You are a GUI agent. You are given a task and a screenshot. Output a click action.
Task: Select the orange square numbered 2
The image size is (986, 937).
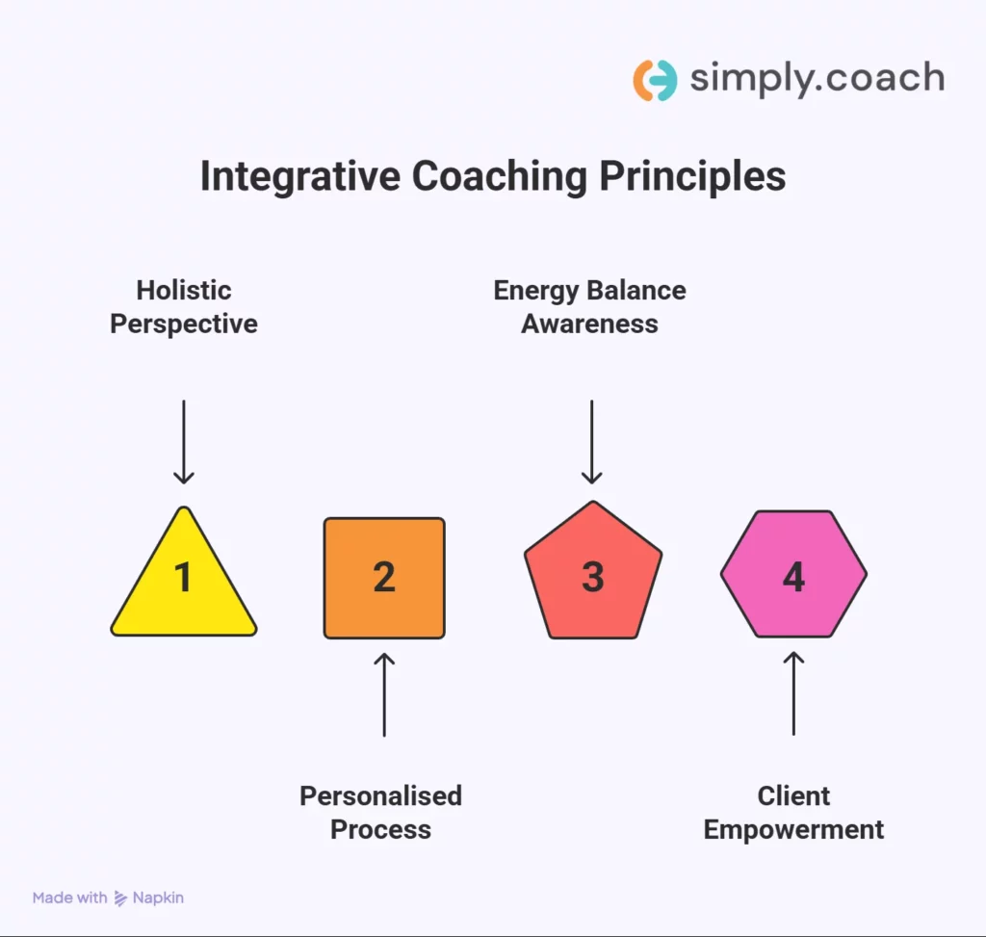(x=384, y=578)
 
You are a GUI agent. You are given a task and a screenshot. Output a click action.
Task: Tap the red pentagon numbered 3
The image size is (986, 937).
(x=593, y=575)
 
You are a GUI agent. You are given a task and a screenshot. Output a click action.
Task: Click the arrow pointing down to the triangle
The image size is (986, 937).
(x=183, y=442)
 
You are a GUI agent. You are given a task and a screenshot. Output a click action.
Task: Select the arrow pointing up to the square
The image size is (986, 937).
(x=384, y=694)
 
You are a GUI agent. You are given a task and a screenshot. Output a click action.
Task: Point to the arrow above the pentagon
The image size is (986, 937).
(x=592, y=442)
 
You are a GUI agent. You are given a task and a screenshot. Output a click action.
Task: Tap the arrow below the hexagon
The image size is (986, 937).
(x=793, y=693)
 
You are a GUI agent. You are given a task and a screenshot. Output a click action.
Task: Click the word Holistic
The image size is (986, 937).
(x=184, y=290)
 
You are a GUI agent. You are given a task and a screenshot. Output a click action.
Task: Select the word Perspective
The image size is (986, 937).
(x=184, y=324)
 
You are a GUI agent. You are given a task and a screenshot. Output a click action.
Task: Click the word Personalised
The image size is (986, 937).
(x=380, y=796)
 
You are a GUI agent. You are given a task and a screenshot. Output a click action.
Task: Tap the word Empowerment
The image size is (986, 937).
(x=793, y=829)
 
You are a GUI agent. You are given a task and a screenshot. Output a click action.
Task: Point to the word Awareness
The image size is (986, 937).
(x=589, y=324)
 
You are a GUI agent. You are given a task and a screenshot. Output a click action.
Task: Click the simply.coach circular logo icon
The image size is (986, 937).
(x=655, y=80)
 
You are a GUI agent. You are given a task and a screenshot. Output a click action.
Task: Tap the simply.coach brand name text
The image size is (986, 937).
(x=817, y=79)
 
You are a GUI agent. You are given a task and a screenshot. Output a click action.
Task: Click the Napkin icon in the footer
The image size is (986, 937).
(x=120, y=898)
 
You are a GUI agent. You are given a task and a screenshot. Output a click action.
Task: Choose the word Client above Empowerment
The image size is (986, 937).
(x=793, y=796)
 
